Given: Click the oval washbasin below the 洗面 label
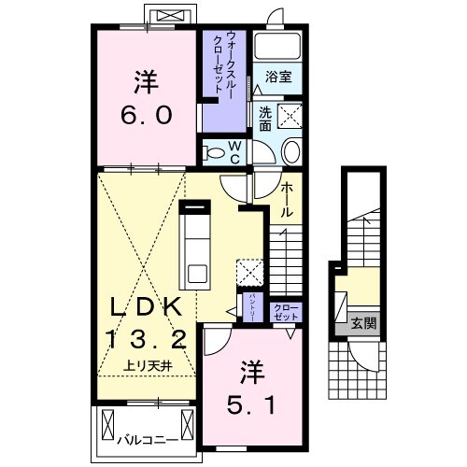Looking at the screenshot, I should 290,154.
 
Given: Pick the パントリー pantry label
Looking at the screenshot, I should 251,307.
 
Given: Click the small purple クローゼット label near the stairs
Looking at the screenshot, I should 284,311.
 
